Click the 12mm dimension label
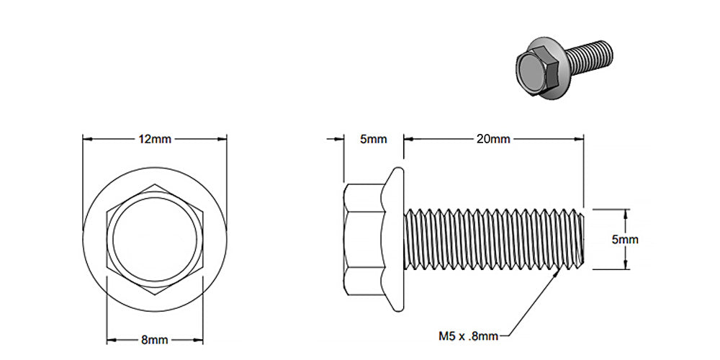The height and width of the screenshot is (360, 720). (155, 139)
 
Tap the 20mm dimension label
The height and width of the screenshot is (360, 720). (493, 139)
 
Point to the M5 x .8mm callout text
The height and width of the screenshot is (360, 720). (467, 335)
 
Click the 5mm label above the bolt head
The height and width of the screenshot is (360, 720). (373, 139)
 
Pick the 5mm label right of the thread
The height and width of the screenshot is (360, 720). (625, 240)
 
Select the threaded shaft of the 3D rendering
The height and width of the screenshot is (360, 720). (592, 55)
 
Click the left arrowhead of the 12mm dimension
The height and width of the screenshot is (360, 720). (86, 139)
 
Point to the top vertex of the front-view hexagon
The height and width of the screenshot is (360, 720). (155, 185)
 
